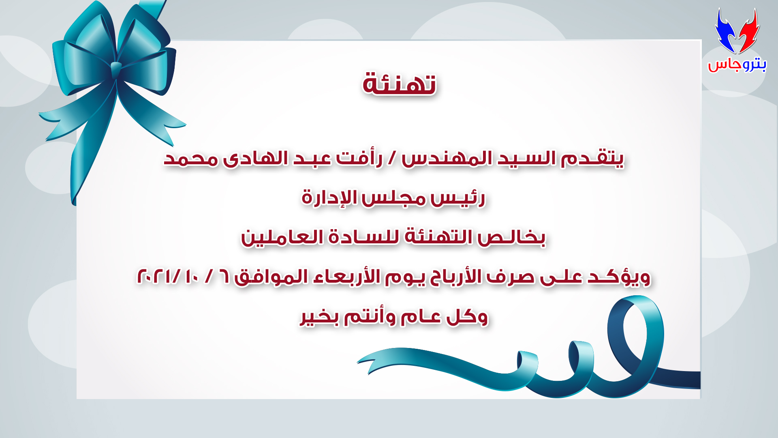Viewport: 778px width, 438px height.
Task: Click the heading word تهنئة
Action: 399,84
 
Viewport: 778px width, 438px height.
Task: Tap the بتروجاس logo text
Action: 737,64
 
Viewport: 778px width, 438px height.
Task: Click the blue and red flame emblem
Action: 737,31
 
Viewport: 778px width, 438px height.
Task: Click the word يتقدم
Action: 592,159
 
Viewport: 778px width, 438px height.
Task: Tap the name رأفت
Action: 359,159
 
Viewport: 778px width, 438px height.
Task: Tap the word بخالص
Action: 511,238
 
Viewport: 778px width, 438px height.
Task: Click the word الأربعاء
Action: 349,277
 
